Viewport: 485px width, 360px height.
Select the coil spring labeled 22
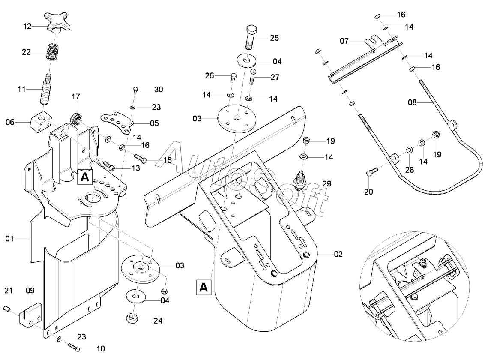53,52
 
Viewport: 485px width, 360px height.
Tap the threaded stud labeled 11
45,89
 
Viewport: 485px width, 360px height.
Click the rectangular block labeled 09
30,314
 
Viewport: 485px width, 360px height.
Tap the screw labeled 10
74,347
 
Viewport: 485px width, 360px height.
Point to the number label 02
338,254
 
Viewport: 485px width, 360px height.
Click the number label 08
412,102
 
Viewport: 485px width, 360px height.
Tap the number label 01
9,238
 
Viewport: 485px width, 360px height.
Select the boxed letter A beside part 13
85,177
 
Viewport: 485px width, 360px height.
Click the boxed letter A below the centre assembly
204,287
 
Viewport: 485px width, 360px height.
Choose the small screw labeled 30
135,90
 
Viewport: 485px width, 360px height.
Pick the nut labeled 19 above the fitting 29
306,140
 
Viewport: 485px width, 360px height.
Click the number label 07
344,41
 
